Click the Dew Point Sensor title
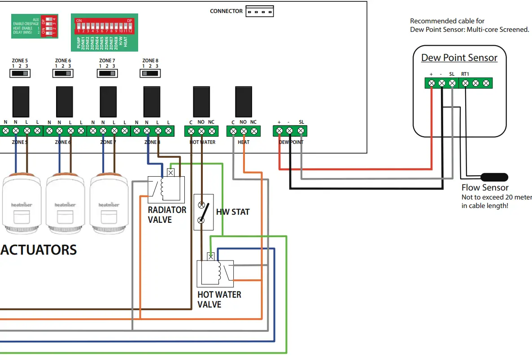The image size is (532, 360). [x=459, y=58]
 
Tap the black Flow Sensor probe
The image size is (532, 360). [x=494, y=177]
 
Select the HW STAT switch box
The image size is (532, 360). [x=203, y=212]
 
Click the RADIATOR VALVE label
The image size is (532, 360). [x=167, y=215]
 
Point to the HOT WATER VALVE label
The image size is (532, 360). [x=219, y=299]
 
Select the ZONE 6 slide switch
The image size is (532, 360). [x=63, y=73]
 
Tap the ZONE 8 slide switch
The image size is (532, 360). [x=150, y=73]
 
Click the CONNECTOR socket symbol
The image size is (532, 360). [x=259, y=11]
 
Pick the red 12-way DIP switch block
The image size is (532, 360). [x=104, y=26]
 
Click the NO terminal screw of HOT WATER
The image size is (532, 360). [x=201, y=131]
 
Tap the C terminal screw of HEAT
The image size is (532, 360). [x=233, y=131]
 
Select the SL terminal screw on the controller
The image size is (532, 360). [x=301, y=131]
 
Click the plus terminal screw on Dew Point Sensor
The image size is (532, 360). [x=431, y=83]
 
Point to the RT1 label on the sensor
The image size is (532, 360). [x=465, y=74]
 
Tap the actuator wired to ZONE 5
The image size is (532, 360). [x=22, y=204]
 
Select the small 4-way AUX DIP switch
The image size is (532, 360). [x=48, y=27]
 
